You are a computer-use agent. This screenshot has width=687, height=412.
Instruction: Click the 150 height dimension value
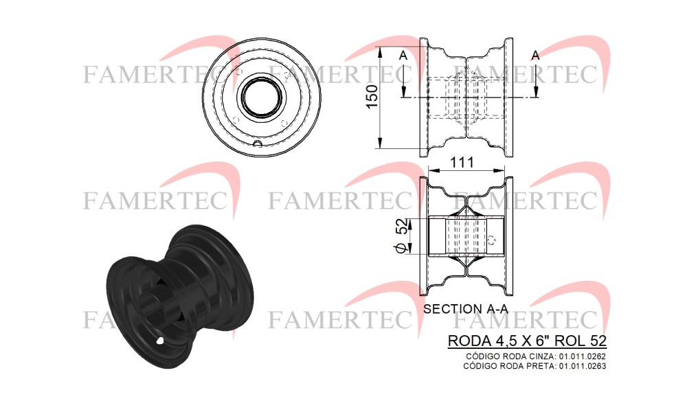(372, 97)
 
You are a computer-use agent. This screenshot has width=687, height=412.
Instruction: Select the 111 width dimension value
(462, 163)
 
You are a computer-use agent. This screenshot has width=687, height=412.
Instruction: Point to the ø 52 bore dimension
(402, 236)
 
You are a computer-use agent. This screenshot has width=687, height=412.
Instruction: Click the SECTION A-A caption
(466, 309)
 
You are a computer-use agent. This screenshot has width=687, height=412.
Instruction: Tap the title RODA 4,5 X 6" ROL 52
(527, 341)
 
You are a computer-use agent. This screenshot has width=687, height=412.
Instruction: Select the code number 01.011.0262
(583, 357)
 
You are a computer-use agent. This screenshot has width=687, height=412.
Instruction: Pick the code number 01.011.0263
(583, 366)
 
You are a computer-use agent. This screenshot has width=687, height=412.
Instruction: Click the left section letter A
(403, 56)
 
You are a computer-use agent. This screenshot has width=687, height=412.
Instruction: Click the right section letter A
(535, 56)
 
